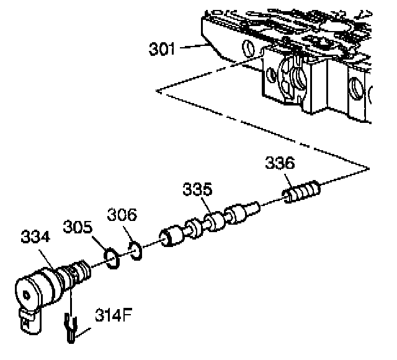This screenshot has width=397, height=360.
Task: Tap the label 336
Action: (x=280, y=164)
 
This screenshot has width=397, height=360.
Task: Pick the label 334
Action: (x=36, y=238)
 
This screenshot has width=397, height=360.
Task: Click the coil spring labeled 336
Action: (x=301, y=190)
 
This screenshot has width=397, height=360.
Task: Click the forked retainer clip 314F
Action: (x=72, y=326)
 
